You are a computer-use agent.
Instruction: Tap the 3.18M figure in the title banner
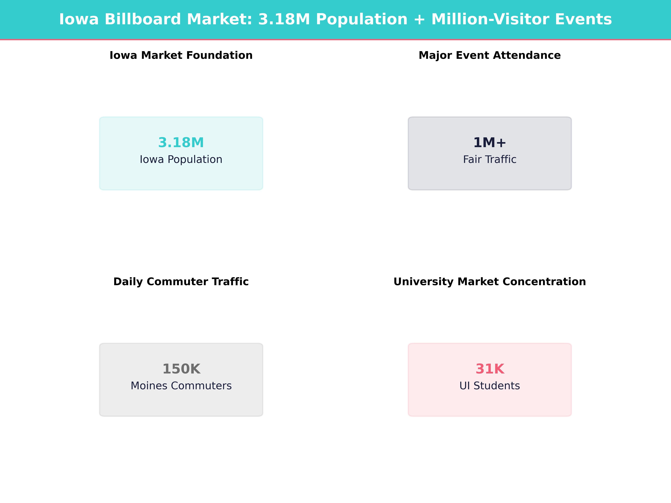pos(284,19)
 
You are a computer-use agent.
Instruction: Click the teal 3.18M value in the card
pos(181,143)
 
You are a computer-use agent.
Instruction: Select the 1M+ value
pos(490,143)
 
